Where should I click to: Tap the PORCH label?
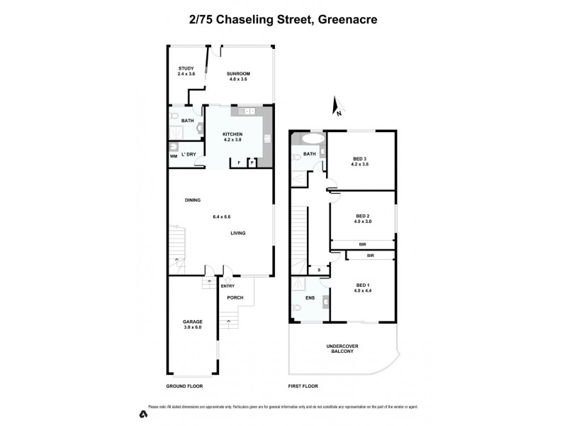point(235,297)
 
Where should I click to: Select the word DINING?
point(192,200)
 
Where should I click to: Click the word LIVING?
point(237,233)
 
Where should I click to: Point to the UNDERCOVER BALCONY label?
point(341,349)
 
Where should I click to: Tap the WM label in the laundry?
point(174,156)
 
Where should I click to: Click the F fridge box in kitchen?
point(239,163)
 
